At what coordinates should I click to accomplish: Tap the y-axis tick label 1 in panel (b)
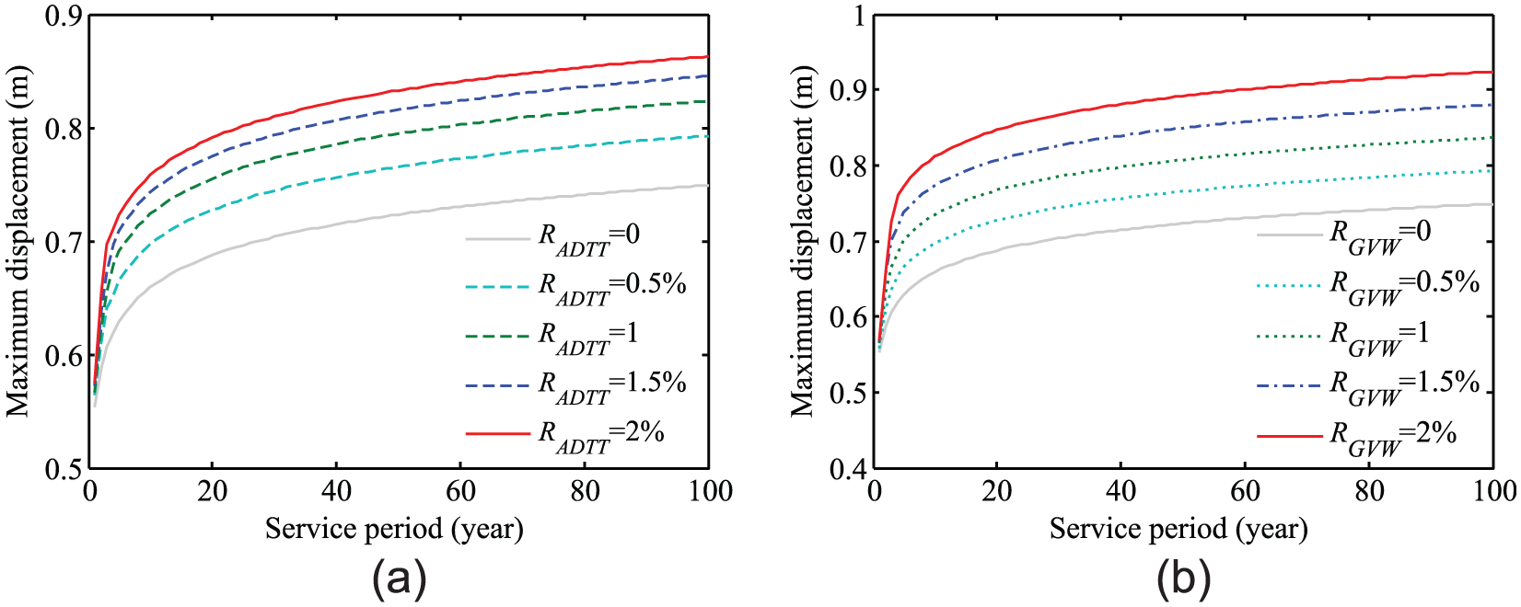[x=858, y=16]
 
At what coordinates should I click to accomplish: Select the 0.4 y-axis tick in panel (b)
[x=846, y=469]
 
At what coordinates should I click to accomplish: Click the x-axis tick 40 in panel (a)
[x=337, y=491]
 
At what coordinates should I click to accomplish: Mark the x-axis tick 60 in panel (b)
[x=1246, y=491]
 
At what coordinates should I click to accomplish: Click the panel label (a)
[x=400, y=578]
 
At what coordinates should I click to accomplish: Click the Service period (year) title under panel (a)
[x=394, y=529]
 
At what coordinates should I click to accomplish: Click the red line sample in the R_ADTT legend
[x=498, y=432]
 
